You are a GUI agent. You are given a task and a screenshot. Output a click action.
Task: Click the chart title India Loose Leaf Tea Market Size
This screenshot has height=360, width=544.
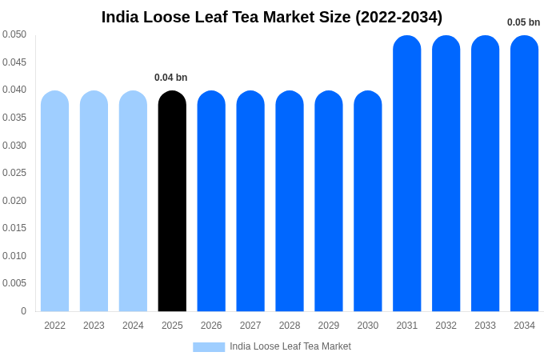(x=271, y=17)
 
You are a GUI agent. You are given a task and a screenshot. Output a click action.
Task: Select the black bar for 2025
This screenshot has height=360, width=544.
(x=172, y=201)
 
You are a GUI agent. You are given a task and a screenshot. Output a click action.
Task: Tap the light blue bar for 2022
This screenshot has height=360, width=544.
(x=54, y=201)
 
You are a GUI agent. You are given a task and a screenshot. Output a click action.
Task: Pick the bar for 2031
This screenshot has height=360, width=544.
(x=406, y=174)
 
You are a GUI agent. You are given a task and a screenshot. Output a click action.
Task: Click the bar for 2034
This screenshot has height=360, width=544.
(x=524, y=174)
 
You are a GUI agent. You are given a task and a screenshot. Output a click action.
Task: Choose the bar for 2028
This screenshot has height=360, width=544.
(x=290, y=201)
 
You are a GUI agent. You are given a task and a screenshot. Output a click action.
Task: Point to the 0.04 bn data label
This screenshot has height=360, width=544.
(x=170, y=78)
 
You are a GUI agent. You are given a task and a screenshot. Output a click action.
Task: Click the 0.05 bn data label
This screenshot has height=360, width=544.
(x=523, y=22)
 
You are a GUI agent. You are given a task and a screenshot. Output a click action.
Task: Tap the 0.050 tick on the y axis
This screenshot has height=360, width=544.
(x=14, y=34)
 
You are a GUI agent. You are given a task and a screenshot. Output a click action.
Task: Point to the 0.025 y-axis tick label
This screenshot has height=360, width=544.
(x=14, y=173)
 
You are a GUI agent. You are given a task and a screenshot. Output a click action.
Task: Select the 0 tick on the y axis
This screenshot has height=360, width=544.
(x=23, y=311)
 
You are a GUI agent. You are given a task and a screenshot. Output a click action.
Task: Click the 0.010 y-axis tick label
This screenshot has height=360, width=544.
(x=14, y=256)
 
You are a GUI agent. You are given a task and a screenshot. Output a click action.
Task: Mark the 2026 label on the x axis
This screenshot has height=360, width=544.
(x=211, y=326)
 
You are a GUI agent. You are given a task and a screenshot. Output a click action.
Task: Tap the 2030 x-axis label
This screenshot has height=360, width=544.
(x=368, y=326)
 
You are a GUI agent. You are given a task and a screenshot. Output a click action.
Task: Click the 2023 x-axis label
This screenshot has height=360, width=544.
(x=94, y=326)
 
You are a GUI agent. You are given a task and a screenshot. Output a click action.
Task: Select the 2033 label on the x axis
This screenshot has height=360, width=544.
(x=485, y=326)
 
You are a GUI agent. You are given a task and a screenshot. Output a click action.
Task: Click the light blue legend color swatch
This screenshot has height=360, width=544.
(x=209, y=347)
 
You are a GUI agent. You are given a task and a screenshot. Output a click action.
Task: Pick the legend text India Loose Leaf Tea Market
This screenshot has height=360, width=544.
(x=290, y=346)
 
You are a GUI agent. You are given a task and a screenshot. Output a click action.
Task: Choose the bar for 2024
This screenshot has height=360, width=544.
(x=133, y=201)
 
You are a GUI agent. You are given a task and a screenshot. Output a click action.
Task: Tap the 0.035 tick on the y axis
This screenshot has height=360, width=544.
(x=14, y=118)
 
